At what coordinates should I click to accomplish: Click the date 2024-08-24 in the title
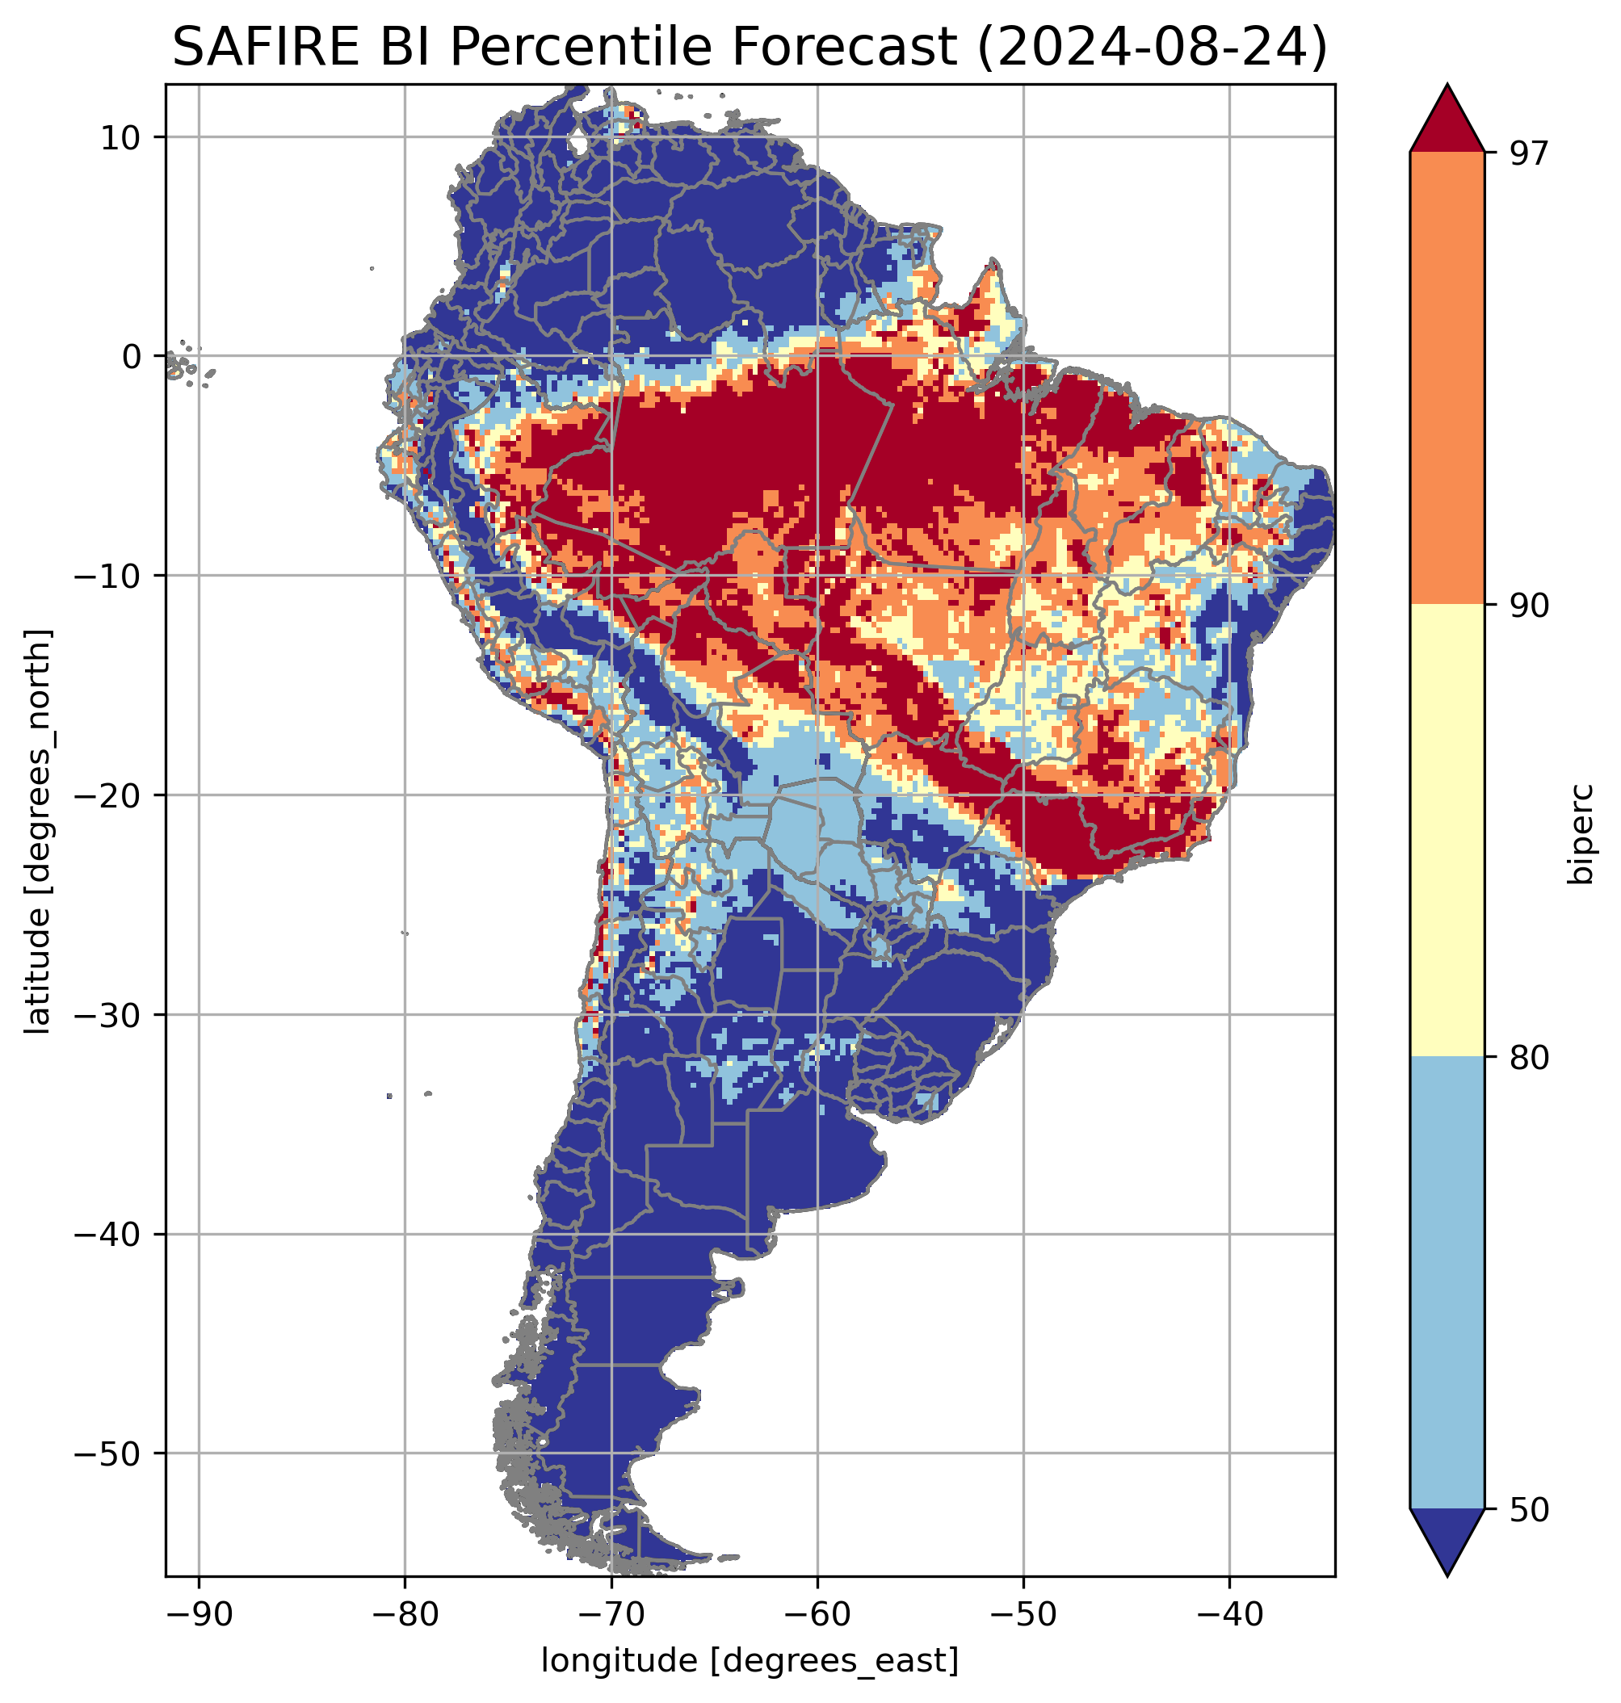point(1150,48)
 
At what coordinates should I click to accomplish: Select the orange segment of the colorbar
point(1447,379)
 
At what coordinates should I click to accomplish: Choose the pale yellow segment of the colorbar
point(1447,830)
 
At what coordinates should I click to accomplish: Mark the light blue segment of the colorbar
point(1447,1283)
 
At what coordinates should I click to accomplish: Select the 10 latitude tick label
point(122,137)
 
